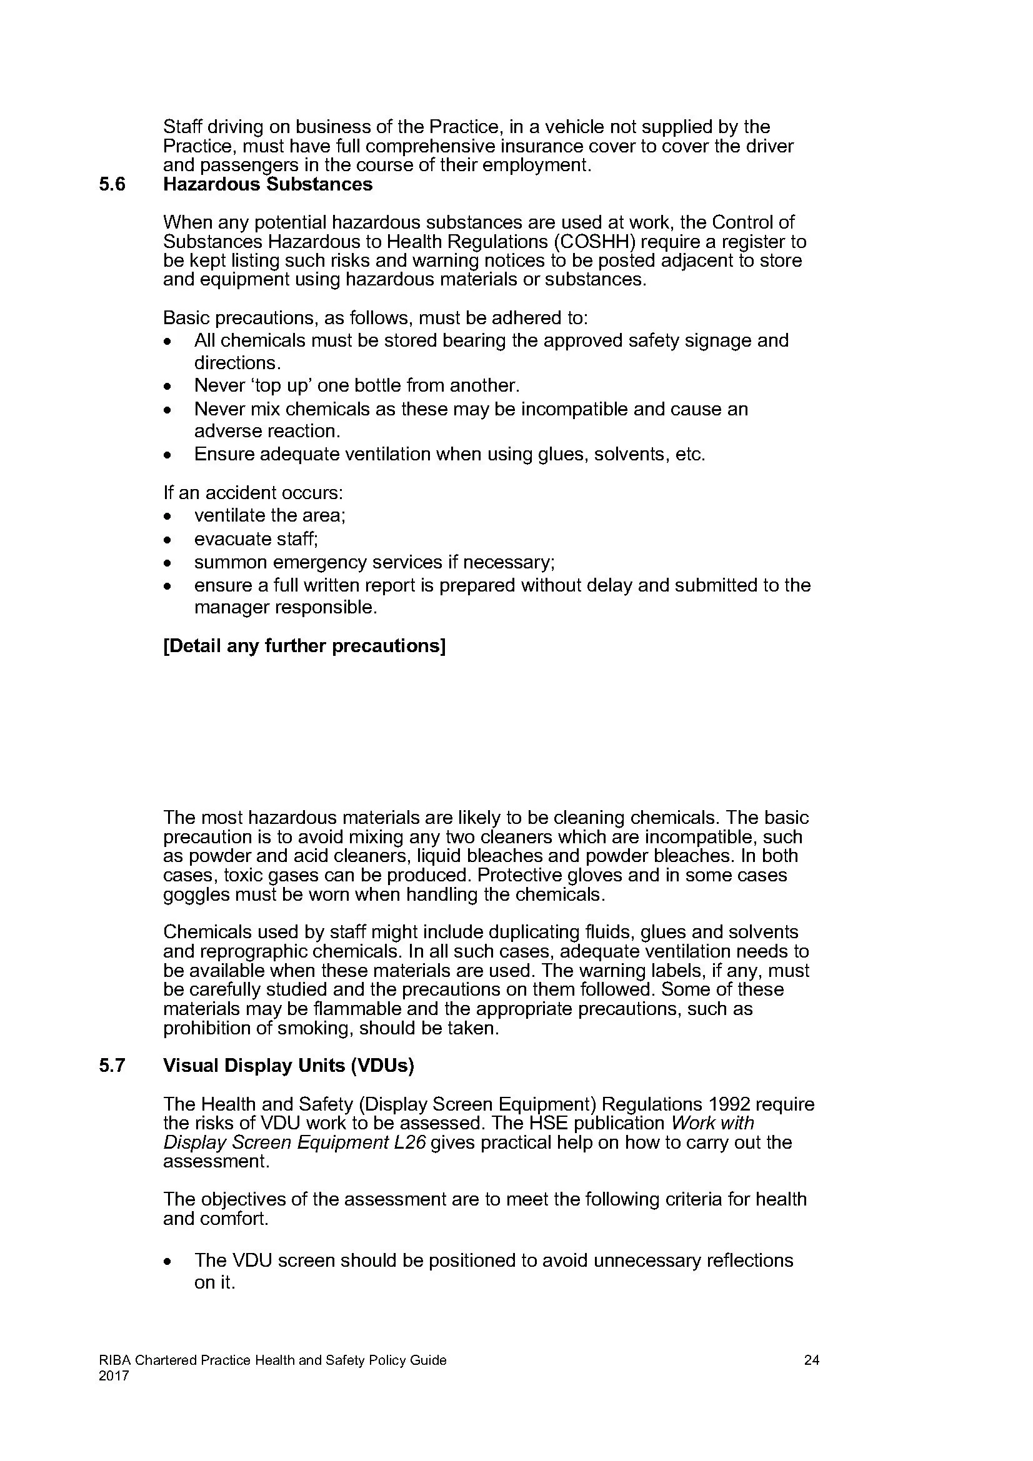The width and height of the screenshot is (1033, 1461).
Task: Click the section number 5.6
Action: pyautogui.click(x=112, y=184)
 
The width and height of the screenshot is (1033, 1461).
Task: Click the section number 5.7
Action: pyautogui.click(x=112, y=1066)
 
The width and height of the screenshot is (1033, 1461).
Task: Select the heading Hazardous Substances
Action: pyautogui.click(x=268, y=184)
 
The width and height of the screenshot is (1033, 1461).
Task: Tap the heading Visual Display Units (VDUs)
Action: pyautogui.click(x=288, y=1066)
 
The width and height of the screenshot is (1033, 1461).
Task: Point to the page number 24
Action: pyautogui.click(x=812, y=1360)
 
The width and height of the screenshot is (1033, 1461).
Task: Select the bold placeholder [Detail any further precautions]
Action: pyautogui.click(x=304, y=646)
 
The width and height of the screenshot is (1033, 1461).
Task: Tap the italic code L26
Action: pyautogui.click(x=409, y=1142)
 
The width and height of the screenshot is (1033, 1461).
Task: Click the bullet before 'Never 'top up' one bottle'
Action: pyautogui.click(x=167, y=387)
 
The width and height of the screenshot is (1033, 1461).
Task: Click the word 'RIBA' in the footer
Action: pyautogui.click(x=114, y=1360)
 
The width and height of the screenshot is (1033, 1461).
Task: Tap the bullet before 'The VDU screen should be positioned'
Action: pyautogui.click(x=167, y=1262)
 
